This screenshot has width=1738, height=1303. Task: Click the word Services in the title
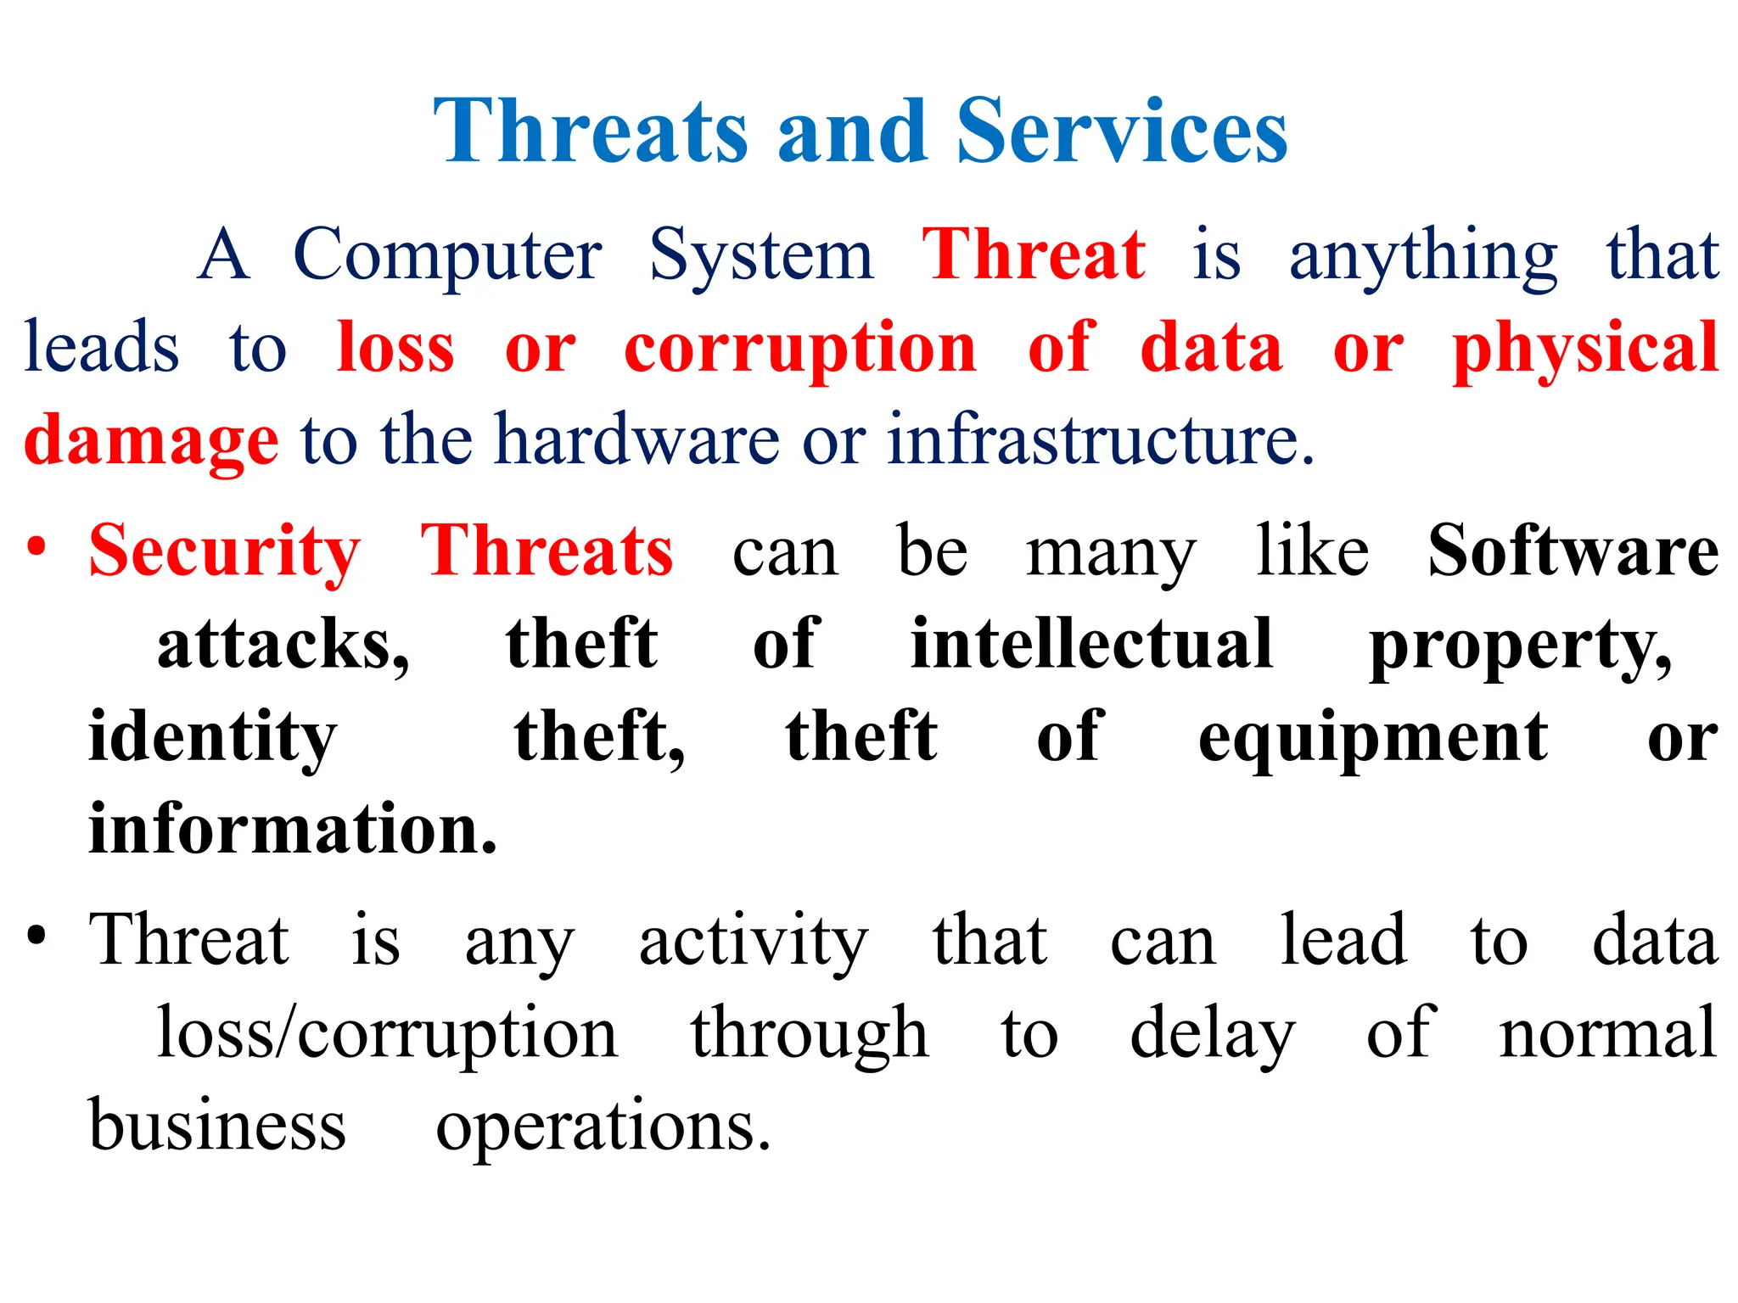point(1122,131)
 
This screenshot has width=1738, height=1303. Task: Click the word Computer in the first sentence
point(447,255)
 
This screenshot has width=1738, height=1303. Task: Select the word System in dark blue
point(760,255)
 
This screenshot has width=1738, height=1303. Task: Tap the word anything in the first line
point(1423,257)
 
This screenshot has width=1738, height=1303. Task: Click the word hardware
point(636,440)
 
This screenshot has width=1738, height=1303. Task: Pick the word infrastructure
point(1100,440)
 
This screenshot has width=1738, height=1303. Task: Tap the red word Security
point(225,552)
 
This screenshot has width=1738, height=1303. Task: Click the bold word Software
point(1573,551)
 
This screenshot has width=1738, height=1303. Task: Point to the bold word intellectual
point(1091,644)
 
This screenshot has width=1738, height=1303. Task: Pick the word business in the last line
point(217,1125)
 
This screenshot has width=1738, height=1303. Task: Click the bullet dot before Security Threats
point(36,546)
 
